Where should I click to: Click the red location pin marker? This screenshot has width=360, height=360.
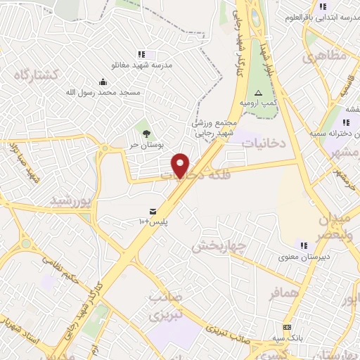(x=181, y=165)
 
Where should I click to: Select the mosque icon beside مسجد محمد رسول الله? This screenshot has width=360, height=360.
(x=103, y=81)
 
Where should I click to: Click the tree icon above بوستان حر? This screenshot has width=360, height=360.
(x=146, y=133)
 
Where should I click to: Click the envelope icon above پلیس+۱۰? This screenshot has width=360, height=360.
(x=153, y=211)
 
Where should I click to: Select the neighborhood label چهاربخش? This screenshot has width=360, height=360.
(x=217, y=246)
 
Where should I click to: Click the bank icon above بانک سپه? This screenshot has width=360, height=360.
(x=287, y=328)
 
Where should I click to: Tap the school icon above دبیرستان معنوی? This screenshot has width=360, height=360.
(x=304, y=245)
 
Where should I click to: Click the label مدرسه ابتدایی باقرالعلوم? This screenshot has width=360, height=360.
(x=323, y=16)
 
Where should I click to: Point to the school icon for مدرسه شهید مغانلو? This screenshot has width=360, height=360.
(x=141, y=54)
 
